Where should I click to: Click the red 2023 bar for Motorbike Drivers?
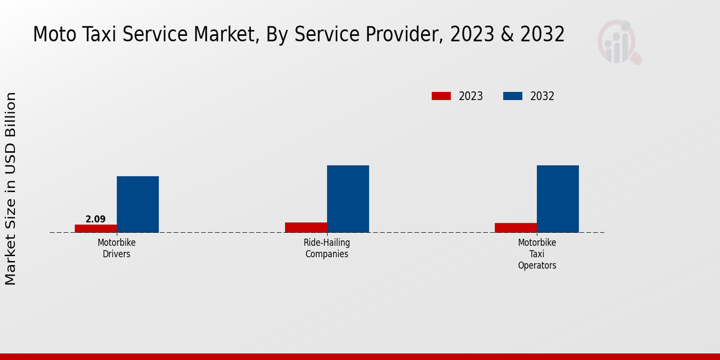96,229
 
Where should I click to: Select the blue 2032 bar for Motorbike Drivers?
137,204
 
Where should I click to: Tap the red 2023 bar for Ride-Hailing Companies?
306,227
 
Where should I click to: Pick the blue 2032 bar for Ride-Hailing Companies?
348,199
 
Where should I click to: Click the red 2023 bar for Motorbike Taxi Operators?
516,227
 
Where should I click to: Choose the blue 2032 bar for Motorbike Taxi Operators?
558,199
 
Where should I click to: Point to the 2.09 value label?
95,219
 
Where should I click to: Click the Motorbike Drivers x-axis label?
116,248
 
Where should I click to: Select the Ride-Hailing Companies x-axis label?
327,248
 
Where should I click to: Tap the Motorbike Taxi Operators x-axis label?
537,254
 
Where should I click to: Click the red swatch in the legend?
441,96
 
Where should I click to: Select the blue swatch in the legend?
512,96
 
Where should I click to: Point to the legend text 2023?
471,96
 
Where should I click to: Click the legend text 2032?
542,96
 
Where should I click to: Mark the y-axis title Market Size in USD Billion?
11,188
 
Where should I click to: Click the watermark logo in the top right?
619,42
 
